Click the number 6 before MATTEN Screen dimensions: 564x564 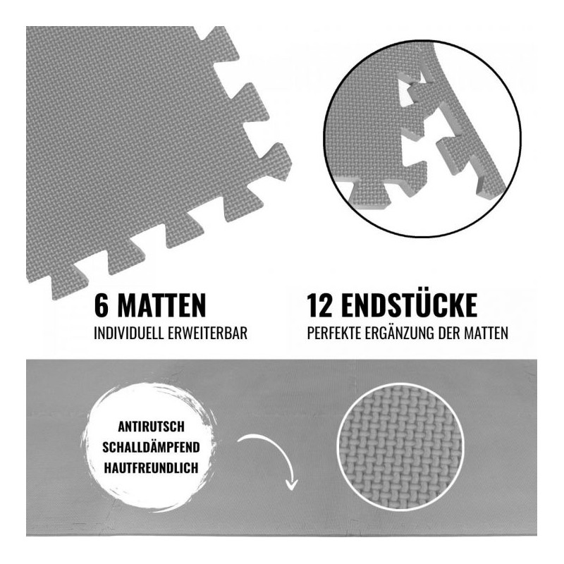click(x=101, y=305)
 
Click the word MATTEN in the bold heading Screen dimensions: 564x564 click(x=161, y=305)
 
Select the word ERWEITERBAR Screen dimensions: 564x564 click(x=207, y=333)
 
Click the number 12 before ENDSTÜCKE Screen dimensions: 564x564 click(x=319, y=305)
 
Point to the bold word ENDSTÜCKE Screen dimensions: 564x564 click(x=410, y=305)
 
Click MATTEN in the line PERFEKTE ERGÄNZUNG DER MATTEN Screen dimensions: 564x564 click(x=486, y=333)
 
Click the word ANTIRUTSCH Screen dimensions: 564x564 click(x=151, y=427)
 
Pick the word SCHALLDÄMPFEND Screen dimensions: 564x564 click(x=151, y=447)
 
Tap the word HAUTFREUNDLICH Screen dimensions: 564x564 click(x=151, y=468)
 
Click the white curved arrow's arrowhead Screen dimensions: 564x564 click(x=291, y=484)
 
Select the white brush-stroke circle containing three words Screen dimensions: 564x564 click(x=151, y=447)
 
